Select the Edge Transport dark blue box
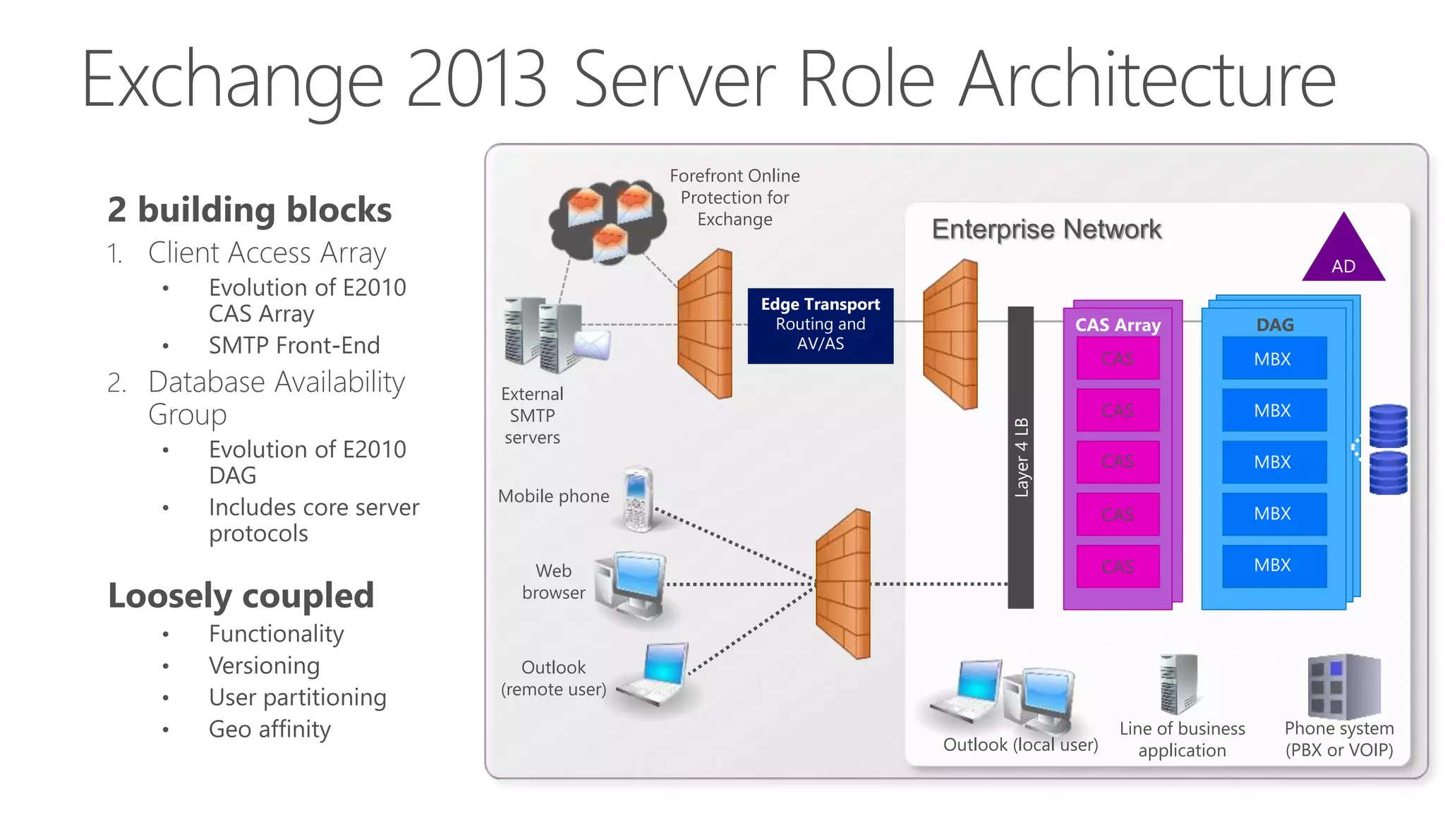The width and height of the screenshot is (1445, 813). click(820, 325)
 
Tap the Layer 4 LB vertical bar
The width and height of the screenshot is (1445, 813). click(1020, 457)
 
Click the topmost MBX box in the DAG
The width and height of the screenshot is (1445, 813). click(1274, 359)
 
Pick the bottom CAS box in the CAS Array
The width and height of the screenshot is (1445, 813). click(1118, 566)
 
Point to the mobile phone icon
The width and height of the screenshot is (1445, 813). click(638, 499)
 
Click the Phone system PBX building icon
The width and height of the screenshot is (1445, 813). click(1343, 685)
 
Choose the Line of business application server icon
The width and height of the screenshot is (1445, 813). click(1178, 684)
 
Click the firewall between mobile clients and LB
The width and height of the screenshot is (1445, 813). click(843, 584)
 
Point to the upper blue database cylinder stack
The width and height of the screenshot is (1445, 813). click(1388, 426)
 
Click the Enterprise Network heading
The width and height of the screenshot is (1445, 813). click(1046, 229)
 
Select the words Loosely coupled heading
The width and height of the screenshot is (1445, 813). click(241, 595)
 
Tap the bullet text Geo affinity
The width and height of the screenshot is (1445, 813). click(270, 728)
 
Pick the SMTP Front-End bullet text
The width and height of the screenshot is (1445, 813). click(294, 345)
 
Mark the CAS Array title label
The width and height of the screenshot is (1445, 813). click(1118, 325)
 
